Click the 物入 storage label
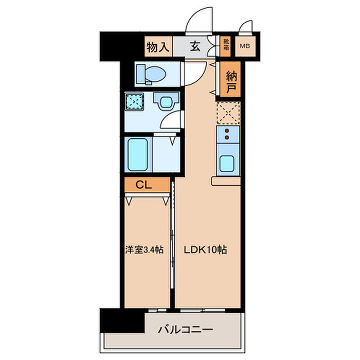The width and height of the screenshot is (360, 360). point(157,47)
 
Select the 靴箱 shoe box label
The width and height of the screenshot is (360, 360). point(226,47)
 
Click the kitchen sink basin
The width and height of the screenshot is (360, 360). point(226,164)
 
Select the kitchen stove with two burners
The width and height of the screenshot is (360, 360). point(226,135)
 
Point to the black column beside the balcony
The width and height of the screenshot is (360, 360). point(122,320)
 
